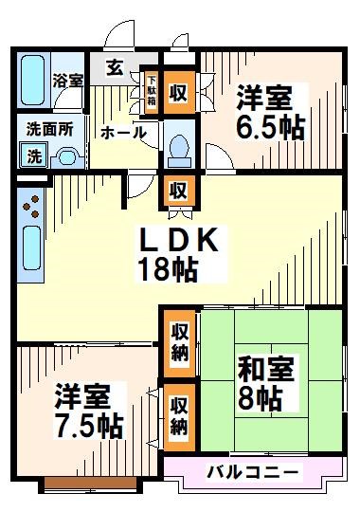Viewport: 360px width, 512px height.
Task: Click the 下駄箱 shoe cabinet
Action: pyautogui.click(x=150, y=92)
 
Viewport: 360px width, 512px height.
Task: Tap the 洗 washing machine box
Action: pyautogui.click(x=34, y=155)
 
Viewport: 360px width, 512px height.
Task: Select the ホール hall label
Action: pyautogui.click(x=123, y=133)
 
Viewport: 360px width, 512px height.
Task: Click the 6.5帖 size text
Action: pyautogui.click(x=269, y=127)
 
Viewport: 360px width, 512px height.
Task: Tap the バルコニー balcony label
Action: pyautogui.click(x=252, y=471)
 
